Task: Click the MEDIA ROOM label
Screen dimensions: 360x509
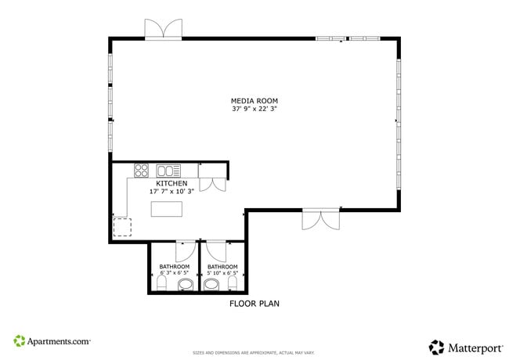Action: tap(254, 101)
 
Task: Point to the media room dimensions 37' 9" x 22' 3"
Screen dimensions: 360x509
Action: tap(254, 110)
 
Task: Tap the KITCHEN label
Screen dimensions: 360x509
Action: tap(171, 183)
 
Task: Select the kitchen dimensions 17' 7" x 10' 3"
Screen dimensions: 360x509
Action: tap(171, 192)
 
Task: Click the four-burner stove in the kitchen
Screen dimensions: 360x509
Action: tap(142, 170)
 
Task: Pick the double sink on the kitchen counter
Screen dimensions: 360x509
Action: tap(168, 170)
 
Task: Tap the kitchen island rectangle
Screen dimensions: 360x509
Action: tap(166, 209)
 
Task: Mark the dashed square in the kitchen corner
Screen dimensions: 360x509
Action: tap(123, 227)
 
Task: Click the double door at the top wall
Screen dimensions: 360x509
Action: tap(164, 29)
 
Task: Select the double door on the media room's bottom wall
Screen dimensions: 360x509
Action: tap(321, 219)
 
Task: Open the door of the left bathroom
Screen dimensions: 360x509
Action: tap(185, 251)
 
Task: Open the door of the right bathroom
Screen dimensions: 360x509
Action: tap(216, 251)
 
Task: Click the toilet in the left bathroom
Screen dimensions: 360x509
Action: tap(162, 284)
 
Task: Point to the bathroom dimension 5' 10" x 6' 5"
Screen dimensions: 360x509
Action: tap(222, 273)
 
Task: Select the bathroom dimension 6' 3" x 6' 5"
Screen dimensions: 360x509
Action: tap(174, 273)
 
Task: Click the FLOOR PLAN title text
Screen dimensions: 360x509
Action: tap(254, 304)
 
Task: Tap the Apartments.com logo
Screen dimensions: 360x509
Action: tap(52, 341)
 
